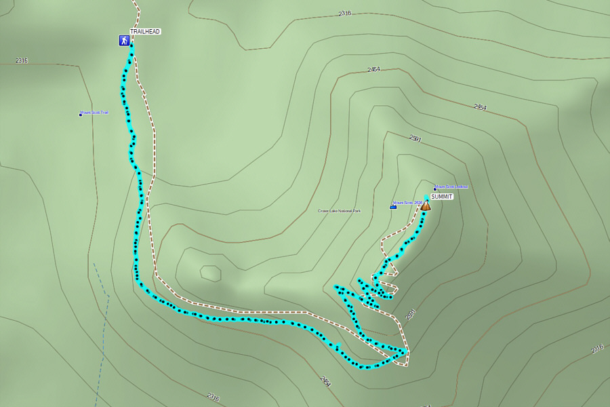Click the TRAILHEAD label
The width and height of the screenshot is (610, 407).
145,31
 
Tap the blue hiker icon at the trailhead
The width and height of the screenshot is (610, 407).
124,41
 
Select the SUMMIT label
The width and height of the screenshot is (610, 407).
441,196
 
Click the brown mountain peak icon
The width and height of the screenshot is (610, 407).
426,205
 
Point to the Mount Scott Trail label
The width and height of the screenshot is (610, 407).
95,113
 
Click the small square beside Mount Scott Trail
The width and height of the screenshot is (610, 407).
80,115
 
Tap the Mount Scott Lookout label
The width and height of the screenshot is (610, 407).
453,187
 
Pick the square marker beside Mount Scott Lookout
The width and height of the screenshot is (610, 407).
435,189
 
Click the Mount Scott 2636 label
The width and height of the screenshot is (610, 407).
409,202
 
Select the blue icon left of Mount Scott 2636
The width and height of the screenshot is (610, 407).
393,206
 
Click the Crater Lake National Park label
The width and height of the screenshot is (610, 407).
339,211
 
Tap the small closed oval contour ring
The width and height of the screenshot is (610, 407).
210,273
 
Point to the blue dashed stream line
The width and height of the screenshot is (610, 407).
103,319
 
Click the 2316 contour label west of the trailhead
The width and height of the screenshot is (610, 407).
22,61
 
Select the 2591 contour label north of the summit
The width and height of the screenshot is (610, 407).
415,138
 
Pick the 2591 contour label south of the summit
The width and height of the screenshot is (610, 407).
409,315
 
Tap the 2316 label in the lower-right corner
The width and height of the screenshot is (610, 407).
596,349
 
